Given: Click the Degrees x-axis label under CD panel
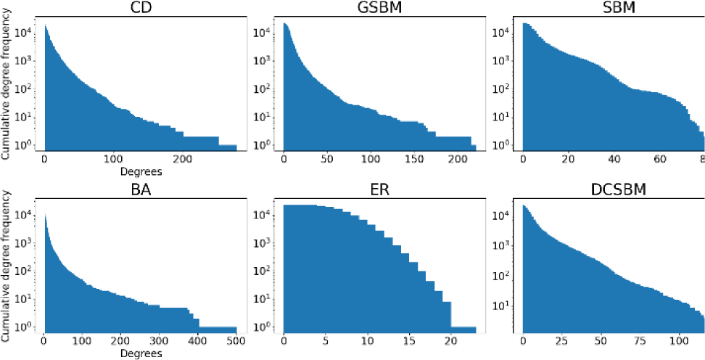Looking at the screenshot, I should (x=141, y=172).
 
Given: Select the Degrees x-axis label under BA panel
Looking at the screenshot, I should (x=141, y=354).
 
